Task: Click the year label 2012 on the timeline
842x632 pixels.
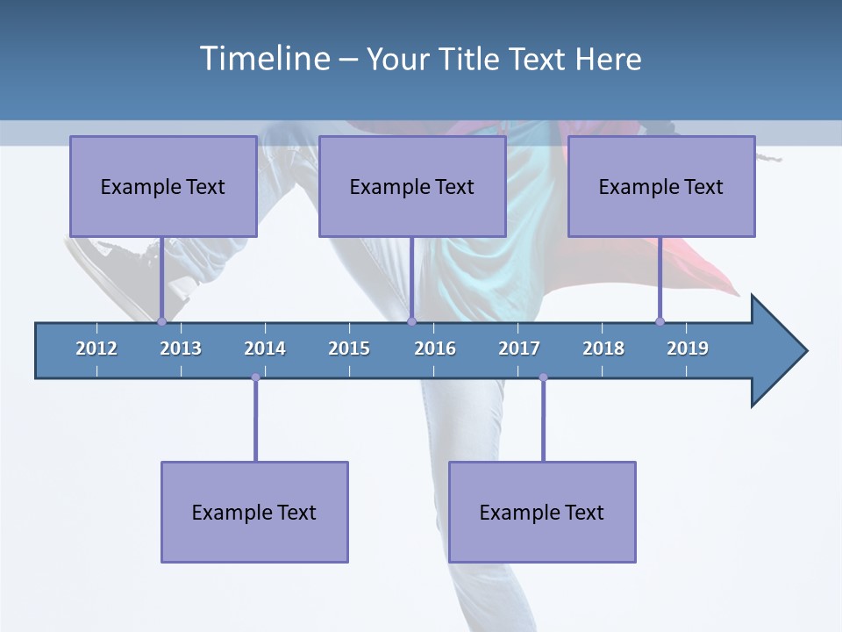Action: coord(96,348)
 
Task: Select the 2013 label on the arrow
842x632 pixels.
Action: coord(181,348)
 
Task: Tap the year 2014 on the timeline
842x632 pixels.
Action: coord(265,348)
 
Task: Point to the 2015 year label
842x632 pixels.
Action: coord(349,348)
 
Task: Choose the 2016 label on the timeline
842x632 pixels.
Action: coord(435,348)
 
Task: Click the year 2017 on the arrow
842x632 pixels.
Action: coord(519,348)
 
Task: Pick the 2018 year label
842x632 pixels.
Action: coord(603,348)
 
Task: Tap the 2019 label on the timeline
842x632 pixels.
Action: coord(688,348)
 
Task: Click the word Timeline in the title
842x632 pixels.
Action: coord(263,59)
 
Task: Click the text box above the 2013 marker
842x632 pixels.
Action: coord(163,186)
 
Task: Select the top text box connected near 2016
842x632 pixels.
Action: coord(412,186)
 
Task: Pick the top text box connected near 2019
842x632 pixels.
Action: coord(661,186)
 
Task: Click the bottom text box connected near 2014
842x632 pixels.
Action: coord(254,512)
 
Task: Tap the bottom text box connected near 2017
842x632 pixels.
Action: coord(542,512)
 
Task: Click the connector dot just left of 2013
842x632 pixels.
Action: coord(161,321)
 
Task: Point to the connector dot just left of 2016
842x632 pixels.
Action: coord(411,321)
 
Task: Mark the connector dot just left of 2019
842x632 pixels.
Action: coord(660,321)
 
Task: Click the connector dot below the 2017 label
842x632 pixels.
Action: coord(543,377)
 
